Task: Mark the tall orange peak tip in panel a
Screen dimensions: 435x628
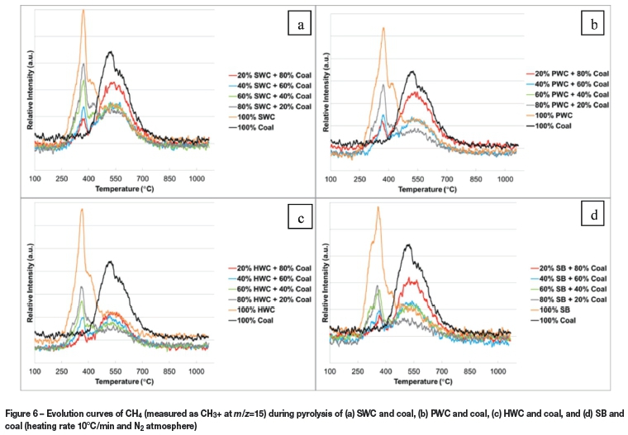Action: pos(83,10)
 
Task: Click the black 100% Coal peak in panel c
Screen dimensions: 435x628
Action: pos(110,262)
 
